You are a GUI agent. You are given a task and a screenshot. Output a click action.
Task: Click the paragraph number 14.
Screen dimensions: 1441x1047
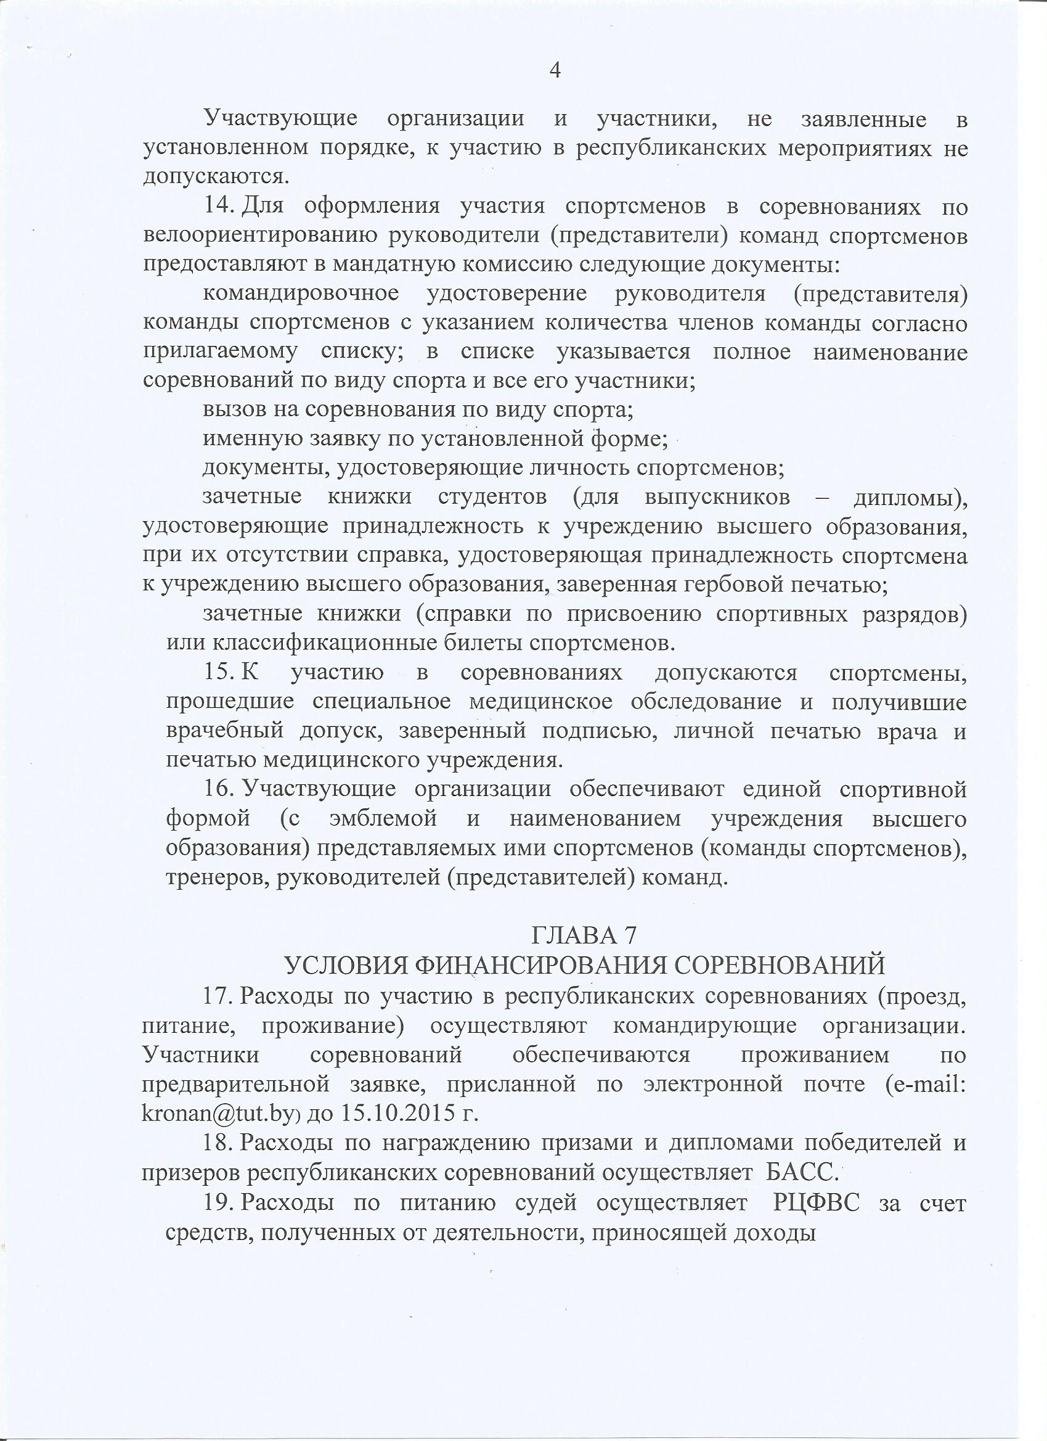coord(217,207)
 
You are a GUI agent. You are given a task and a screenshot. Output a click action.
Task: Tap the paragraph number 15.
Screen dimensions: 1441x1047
coord(217,673)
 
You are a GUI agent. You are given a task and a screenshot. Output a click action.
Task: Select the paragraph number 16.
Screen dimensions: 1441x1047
coord(217,790)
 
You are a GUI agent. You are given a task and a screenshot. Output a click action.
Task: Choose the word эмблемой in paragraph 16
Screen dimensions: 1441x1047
coord(383,818)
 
